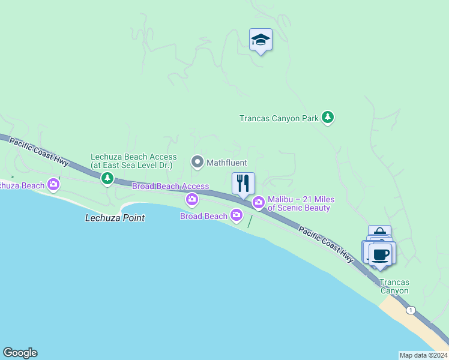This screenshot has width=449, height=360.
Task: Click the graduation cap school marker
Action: pyautogui.click(x=261, y=40)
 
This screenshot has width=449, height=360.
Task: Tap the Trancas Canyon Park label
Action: pyautogui.click(x=279, y=118)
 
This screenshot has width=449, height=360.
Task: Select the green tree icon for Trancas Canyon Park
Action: pyautogui.click(x=327, y=118)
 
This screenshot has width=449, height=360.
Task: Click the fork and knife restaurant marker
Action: pyautogui.click(x=243, y=184)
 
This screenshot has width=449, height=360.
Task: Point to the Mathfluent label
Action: pyautogui.click(x=227, y=162)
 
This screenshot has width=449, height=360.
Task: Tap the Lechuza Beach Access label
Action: pyautogui.click(x=133, y=161)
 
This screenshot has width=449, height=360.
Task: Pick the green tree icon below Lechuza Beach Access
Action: pyautogui.click(x=107, y=178)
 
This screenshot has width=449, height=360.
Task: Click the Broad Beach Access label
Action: pyautogui.click(x=170, y=187)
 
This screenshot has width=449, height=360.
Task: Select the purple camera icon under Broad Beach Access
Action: pyautogui.click(x=192, y=199)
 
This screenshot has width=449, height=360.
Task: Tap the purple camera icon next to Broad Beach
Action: pyautogui.click(x=237, y=214)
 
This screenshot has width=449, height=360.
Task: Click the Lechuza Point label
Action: pyautogui.click(x=115, y=218)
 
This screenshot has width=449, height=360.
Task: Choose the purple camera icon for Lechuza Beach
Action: pyautogui.click(x=53, y=184)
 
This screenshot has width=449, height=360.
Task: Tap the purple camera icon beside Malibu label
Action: pyautogui.click(x=259, y=203)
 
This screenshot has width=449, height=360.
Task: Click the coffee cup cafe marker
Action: pyautogui.click(x=380, y=254)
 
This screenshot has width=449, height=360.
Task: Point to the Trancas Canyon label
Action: pyautogui.click(x=394, y=287)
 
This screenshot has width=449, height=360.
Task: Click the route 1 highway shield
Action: pyautogui.click(x=410, y=310)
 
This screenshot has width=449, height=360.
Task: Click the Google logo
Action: pyautogui.click(x=20, y=353)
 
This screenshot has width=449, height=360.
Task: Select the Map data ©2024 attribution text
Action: pyautogui.click(x=423, y=355)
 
